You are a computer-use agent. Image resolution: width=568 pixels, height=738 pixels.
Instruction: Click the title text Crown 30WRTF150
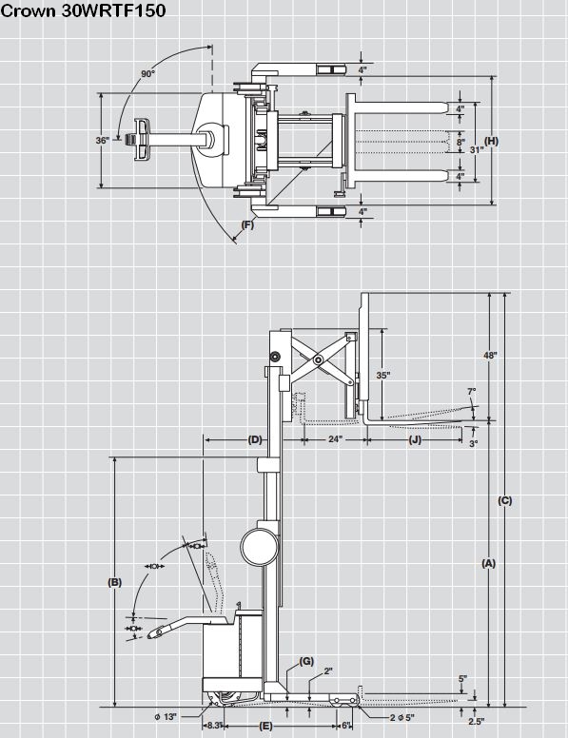(84, 10)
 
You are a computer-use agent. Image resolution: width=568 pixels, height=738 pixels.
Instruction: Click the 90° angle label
(147, 74)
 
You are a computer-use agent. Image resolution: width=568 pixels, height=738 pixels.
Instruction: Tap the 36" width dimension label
(102, 140)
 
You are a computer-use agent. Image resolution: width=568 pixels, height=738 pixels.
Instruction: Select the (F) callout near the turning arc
(247, 224)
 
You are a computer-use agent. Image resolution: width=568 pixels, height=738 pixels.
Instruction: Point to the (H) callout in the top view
(492, 141)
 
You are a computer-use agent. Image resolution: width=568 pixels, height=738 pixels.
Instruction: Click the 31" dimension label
(477, 149)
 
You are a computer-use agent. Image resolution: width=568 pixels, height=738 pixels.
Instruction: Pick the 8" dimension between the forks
(460, 141)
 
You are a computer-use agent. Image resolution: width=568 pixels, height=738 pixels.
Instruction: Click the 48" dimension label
(490, 355)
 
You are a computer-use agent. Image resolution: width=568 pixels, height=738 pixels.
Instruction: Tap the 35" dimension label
(383, 375)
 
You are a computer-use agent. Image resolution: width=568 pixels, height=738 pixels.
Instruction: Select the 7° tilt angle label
(472, 391)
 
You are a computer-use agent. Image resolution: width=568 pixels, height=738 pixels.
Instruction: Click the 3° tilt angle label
(474, 443)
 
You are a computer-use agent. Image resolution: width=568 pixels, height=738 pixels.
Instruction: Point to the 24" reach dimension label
(335, 439)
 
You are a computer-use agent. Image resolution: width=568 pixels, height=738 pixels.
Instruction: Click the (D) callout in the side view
(255, 439)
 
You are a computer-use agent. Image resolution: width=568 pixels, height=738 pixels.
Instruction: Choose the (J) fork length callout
(415, 439)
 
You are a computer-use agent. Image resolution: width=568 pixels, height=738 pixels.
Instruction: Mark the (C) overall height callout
(505, 501)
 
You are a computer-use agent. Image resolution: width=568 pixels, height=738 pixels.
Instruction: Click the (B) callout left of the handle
(114, 582)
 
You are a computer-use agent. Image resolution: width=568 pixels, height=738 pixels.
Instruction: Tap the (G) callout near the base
(306, 661)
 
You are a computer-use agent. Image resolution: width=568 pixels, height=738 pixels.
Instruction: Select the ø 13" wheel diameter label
(166, 717)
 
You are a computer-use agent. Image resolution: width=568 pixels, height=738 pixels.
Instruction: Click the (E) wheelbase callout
(266, 726)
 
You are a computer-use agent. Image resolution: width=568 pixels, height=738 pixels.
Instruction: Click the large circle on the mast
(259, 547)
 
